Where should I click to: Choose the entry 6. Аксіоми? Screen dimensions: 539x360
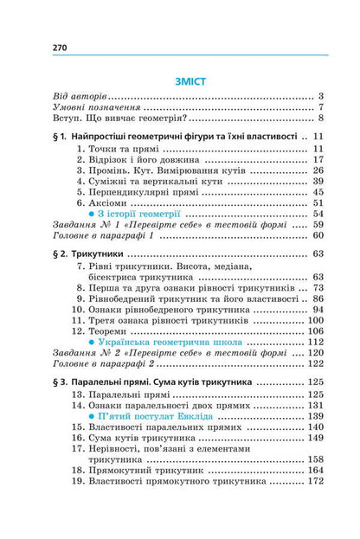click(x=112, y=202)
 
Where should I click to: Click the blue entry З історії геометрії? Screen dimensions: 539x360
click(x=141, y=214)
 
